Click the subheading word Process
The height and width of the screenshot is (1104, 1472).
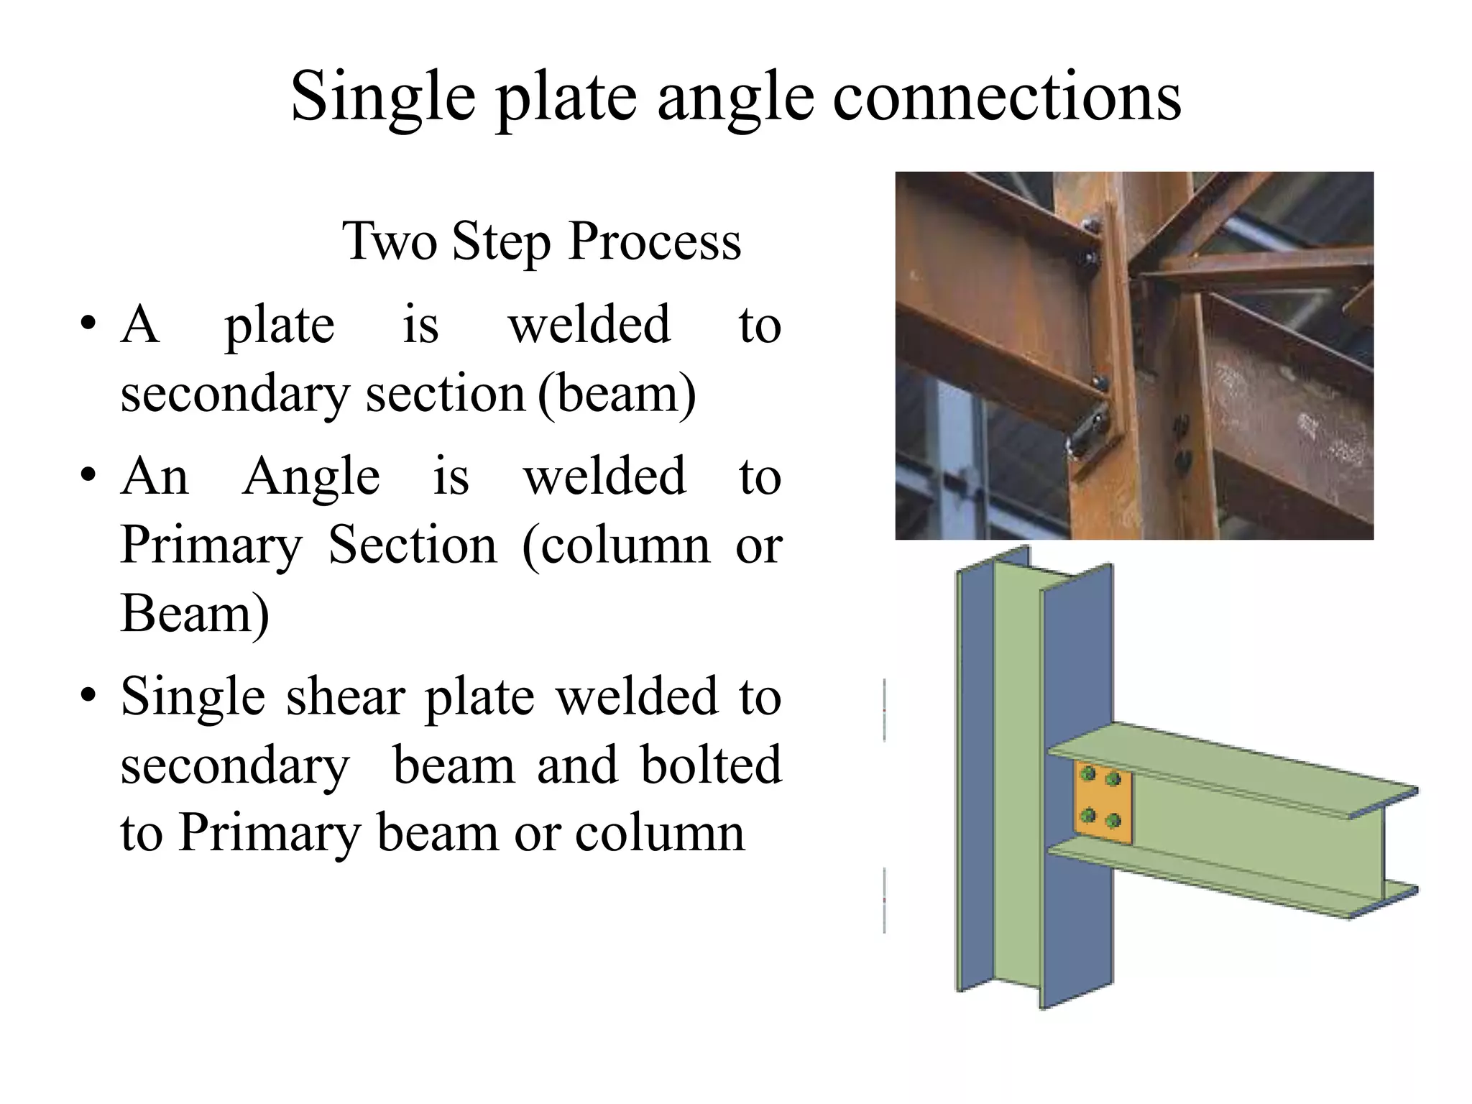pos(654,241)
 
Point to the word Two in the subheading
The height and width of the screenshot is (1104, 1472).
pos(389,241)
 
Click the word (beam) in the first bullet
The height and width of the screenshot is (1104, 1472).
pos(617,394)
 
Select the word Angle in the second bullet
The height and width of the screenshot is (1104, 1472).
pos(311,477)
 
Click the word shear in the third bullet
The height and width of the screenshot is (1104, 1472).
pos(346,696)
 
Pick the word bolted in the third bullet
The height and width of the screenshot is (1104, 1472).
pos(710,765)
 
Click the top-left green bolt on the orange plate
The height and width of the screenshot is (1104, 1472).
pos(1088,773)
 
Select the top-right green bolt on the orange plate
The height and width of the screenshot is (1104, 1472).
pos(1113,778)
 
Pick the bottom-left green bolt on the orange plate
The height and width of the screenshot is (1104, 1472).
pos(1088,815)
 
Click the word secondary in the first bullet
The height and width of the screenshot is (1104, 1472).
pos(234,394)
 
